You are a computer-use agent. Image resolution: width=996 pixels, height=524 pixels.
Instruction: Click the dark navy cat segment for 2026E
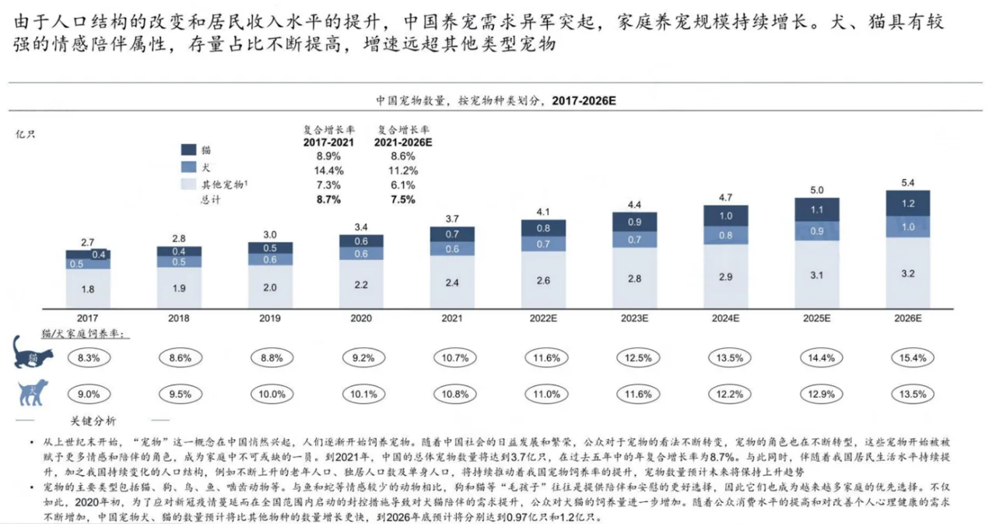click(907, 203)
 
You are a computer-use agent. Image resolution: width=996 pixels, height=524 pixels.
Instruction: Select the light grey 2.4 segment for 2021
click(452, 283)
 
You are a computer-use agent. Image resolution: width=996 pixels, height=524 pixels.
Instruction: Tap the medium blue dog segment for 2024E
click(725, 235)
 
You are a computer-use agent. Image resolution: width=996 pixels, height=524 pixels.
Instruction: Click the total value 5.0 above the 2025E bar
click(816, 189)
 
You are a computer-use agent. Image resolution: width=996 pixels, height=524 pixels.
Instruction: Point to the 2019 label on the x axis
click(270, 319)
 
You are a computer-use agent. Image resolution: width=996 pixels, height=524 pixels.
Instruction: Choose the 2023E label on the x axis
click(634, 319)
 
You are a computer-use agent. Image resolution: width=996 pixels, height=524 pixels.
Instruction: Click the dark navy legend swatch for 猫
click(189, 149)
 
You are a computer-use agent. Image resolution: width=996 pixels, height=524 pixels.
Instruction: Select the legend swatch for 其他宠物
click(189, 184)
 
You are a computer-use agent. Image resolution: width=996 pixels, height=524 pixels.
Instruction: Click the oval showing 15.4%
click(907, 358)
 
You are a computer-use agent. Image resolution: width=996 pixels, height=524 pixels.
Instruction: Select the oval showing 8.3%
click(88, 358)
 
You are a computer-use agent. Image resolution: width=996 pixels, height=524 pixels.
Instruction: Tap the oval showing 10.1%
click(361, 394)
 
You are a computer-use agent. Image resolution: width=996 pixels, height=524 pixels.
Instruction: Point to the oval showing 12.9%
click(816, 394)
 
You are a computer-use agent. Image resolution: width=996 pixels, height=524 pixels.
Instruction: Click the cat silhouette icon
click(33, 354)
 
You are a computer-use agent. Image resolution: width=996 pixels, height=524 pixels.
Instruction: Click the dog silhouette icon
click(33, 392)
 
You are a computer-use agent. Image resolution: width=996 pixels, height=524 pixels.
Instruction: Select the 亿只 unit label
click(25, 134)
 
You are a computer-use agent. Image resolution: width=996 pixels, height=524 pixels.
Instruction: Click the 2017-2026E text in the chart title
click(583, 100)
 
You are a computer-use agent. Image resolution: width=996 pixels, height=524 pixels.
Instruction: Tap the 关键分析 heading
click(93, 421)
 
